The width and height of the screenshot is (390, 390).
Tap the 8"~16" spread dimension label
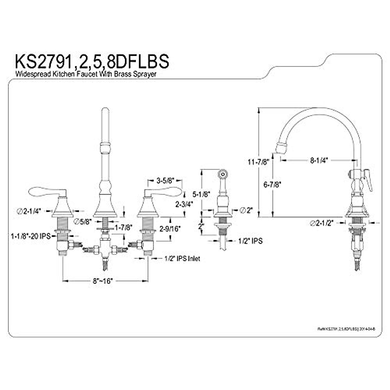point(102,281)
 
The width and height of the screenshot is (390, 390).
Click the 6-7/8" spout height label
point(272,184)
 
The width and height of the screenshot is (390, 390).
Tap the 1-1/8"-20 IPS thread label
point(31,236)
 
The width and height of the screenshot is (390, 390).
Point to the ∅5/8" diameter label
point(83,222)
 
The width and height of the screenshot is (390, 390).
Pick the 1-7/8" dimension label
point(123,227)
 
